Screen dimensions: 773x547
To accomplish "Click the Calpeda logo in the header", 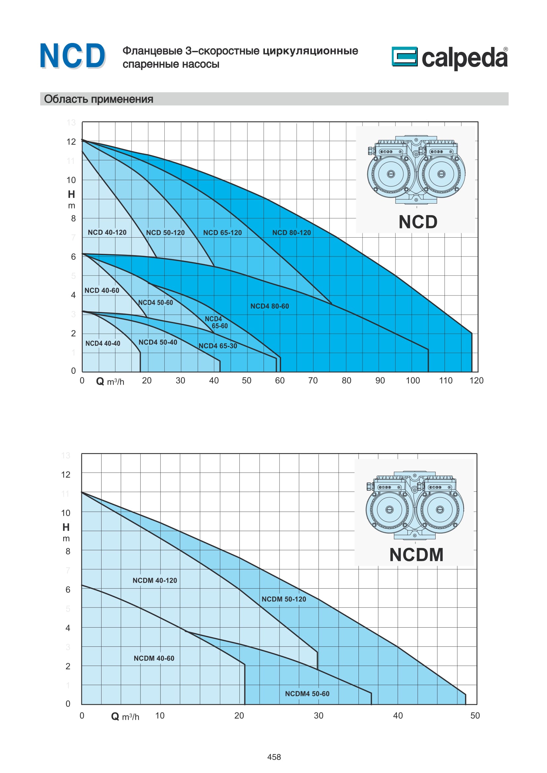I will pyautogui.click(x=449, y=58).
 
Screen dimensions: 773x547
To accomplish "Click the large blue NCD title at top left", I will pyautogui.click(x=72, y=56).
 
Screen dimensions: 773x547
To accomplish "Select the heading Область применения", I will pyautogui.click(x=98, y=99).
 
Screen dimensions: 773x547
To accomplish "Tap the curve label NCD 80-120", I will pyautogui.click(x=291, y=233).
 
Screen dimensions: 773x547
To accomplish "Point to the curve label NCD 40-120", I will pyautogui.click(x=107, y=232).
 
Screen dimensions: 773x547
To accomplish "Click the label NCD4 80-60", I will pyautogui.click(x=270, y=306).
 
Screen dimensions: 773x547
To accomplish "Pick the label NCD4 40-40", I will pyautogui.click(x=103, y=343).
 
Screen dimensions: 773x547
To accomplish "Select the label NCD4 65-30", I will pyautogui.click(x=218, y=346).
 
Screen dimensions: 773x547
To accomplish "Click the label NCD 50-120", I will pyautogui.click(x=165, y=233).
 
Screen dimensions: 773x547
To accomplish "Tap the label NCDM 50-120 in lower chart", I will pyautogui.click(x=284, y=599).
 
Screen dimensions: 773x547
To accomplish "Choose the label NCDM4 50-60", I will pyautogui.click(x=307, y=694).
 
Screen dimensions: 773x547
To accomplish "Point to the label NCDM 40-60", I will pyautogui.click(x=154, y=658).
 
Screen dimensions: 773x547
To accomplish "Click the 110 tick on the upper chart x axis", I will pyautogui.click(x=445, y=380).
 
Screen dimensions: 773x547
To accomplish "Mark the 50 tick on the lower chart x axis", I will pyautogui.click(x=475, y=715).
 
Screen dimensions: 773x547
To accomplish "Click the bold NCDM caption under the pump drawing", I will pyautogui.click(x=416, y=555).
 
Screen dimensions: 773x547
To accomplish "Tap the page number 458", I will pyautogui.click(x=274, y=757).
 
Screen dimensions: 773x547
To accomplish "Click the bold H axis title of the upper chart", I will pyautogui.click(x=71, y=194).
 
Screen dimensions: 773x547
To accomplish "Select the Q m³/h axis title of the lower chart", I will pyautogui.click(x=125, y=716).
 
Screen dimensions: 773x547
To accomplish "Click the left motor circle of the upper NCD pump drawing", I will pyautogui.click(x=390, y=174).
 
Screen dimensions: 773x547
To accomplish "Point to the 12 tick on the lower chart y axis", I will pyautogui.click(x=66, y=475).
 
